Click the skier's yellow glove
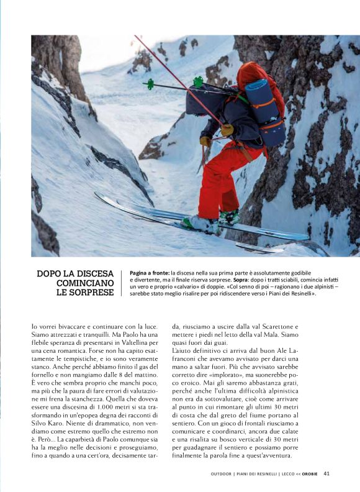pos(228,130)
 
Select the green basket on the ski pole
pos(198,81)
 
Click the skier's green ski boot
pos(228,217)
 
